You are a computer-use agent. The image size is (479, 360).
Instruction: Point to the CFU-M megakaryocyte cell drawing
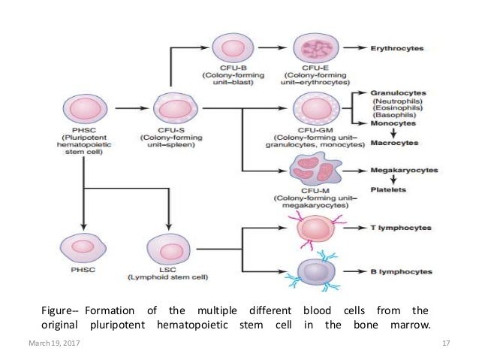click(x=317, y=172)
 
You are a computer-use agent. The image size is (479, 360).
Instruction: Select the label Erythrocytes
click(x=397, y=49)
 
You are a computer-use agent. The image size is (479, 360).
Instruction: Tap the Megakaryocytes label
click(x=402, y=172)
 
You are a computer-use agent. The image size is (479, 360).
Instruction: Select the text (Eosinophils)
click(x=398, y=107)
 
